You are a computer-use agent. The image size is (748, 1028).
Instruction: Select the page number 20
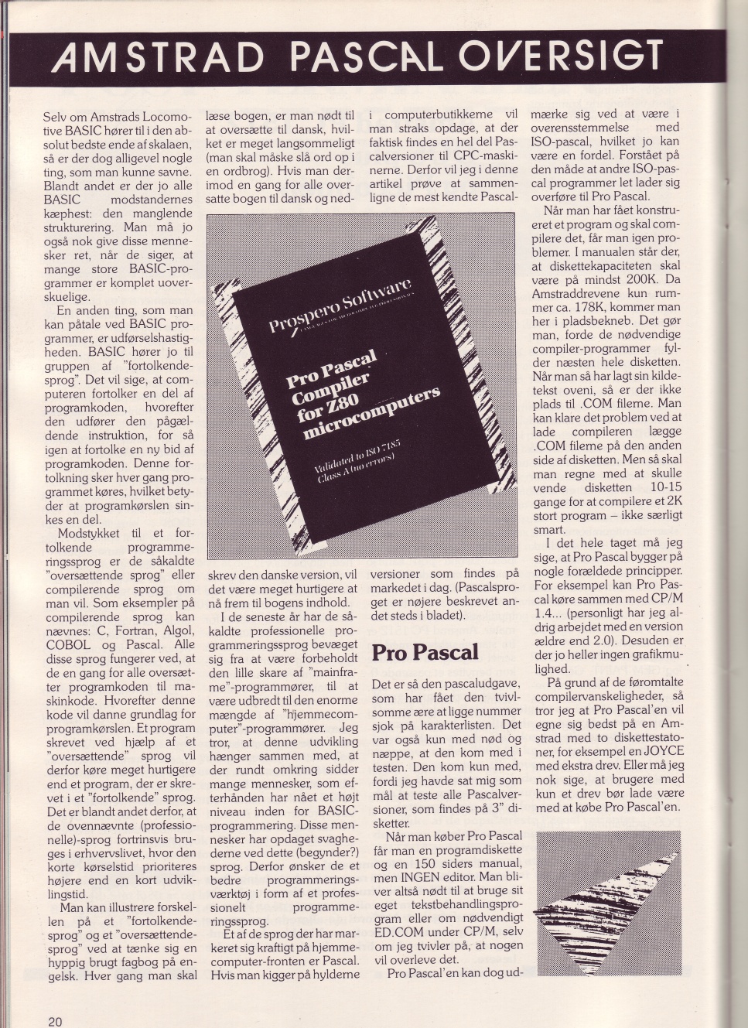click(x=55, y=1021)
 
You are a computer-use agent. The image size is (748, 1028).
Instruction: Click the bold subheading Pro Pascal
click(x=425, y=652)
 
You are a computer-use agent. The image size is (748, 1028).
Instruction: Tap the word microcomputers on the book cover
click(x=371, y=412)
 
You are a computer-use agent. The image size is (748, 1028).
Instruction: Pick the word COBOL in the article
click(x=68, y=644)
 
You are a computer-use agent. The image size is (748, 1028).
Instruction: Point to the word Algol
click(x=178, y=630)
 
